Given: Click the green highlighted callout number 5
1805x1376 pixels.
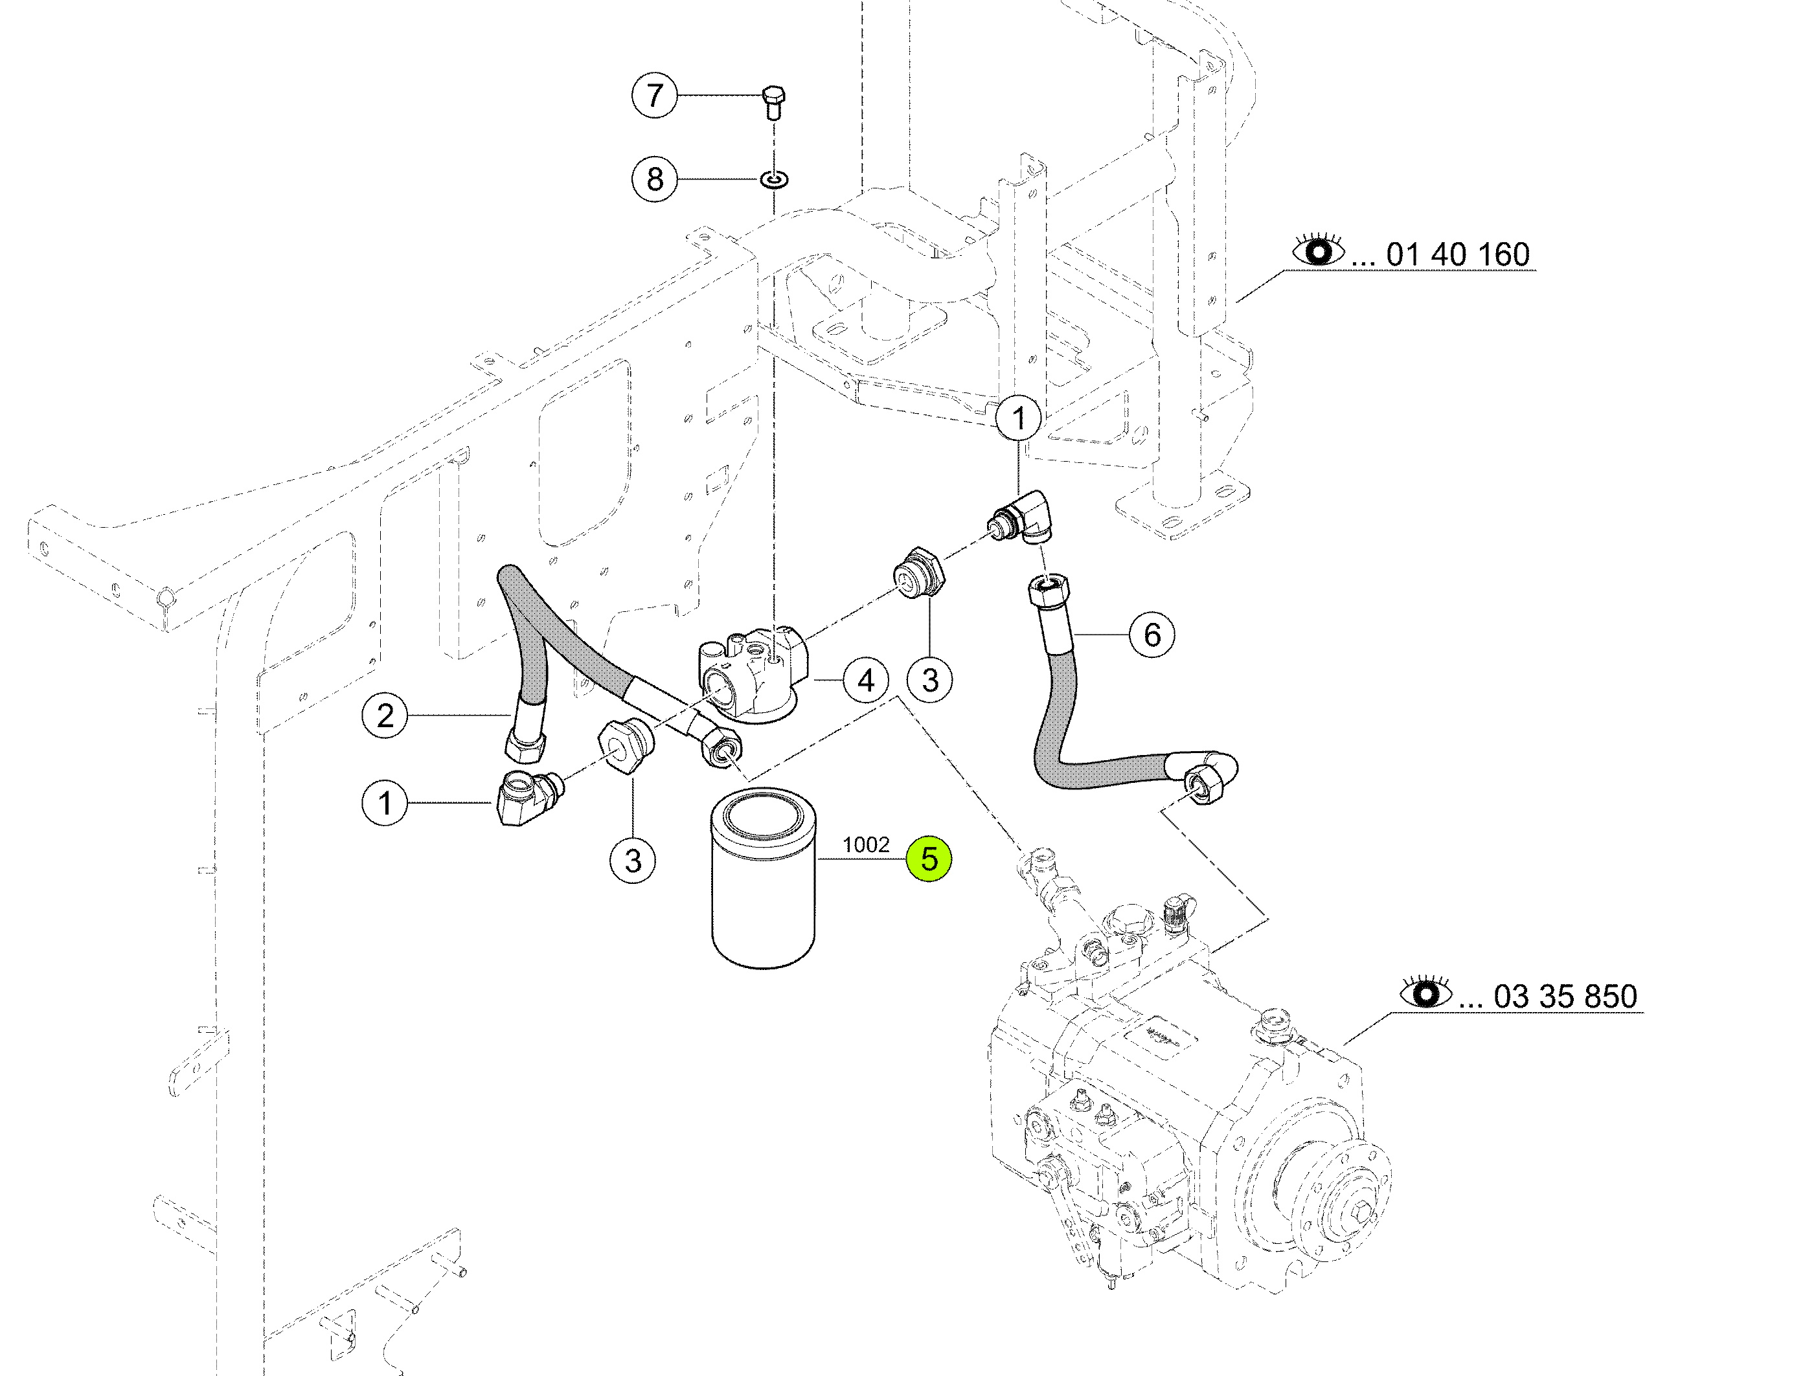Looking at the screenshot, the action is pyautogui.click(x=929, y=859).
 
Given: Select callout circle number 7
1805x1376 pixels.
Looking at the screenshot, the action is pyautogui.click(x=654, y=95).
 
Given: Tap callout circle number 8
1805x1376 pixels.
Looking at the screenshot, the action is pyautogui.click(x=654, y=179).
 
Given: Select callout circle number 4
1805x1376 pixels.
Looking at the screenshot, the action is pyautogui.click(x=866, y=680).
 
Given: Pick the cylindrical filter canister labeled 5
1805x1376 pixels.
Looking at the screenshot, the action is pyautogui.click(x=764, y=878).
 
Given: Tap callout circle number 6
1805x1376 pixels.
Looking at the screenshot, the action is pyautogui.click(x=1152, y=634).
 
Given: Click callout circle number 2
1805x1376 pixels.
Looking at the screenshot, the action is pyautogui.click(x=384, y=716).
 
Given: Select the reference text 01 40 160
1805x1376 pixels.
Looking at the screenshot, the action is pyautogui.click(x=1458, y=254).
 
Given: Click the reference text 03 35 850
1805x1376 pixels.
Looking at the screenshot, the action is pyautogui.click(x=1565, y=997).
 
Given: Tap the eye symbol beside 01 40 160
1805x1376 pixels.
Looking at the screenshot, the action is pyautogui.click(x=1319, y=250).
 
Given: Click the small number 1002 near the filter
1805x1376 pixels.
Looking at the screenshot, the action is pyautogui.click(x=866, y=844).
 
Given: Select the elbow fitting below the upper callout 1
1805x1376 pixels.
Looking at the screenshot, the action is pyautogui.click(x=1021, y=517).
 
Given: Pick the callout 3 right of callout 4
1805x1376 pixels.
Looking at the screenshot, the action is pyautogui.click(x=929, y=680).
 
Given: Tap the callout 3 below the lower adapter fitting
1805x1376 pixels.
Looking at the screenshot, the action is pyautogui.click(x=632, y=861).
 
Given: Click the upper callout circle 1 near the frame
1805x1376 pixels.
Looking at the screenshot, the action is pyautogui.click(x=1019, y=418).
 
